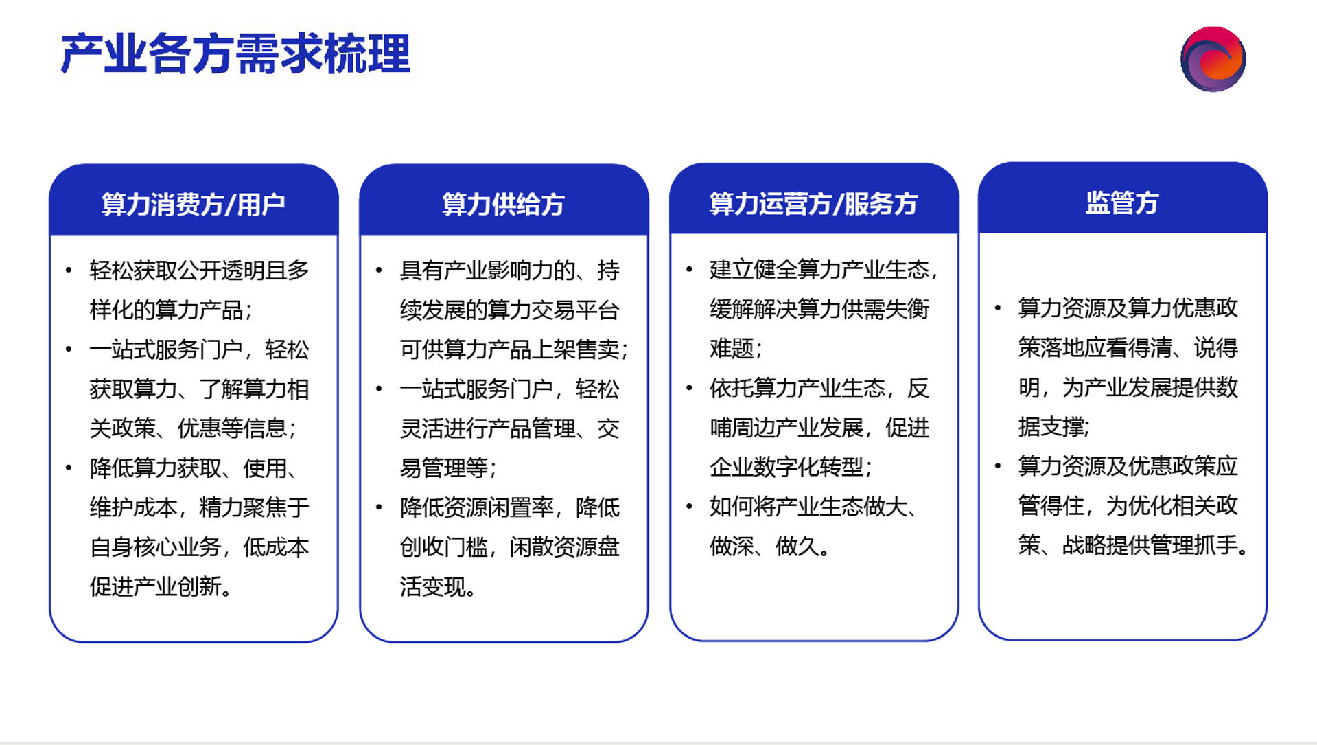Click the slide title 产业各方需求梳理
pyautogui.click(x=235, y=54)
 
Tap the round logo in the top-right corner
pyautogui.click(x=1213, y=59)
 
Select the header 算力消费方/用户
pyautogui.click(x=194, y=205)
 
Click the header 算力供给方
pyautogui.click(x=503, y=205)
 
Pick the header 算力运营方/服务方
pyautogui.click(x=813, y=204)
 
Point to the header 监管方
pyautogui.click(x=1122, y=203)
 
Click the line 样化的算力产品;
pyautogui.click(x=171, y=310)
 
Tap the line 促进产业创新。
pyautogui.click(x=161, y=586)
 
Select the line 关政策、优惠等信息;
pyautogui.click(x=193, y=428)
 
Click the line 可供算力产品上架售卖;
pyautogui.click(x=514, y=349)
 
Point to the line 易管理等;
pyautogui.click(x=448, y=468)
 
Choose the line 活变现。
pyautogui.click(x=438, y=587)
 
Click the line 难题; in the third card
pyautogui.click(x=736, y=349)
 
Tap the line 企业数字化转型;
pyautogui.click(x=791, y=468)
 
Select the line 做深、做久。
pyautogui.click(x=769, y=547)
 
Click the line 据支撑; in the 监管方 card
pyautogui.click(x=1054, y=427)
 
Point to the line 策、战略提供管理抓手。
pyautogui.click(x=1134, y=546)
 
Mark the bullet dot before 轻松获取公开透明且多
pyautogui.click(x=69, y=271)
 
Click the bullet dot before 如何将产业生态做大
pyautogui.click(x=689, y=507)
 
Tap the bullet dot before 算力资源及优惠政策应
pyautogui.click(x=998, y=466)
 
